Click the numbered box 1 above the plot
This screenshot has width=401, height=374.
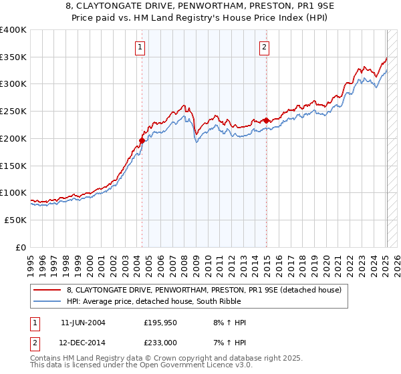tap(140, 47)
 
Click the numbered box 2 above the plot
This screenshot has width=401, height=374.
tap(265, 47)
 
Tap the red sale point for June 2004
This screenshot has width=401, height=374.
tap(142, 140)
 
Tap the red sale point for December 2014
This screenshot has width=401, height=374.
tap(267, 120)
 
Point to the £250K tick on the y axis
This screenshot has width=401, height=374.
tap(13, 112)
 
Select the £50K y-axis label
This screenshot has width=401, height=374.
tap(15, 220)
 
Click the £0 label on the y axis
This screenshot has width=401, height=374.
tap(21, 247)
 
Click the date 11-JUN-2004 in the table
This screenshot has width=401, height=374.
tap(83, 323)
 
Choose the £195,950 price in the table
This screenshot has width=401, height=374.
tap(161, 323)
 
